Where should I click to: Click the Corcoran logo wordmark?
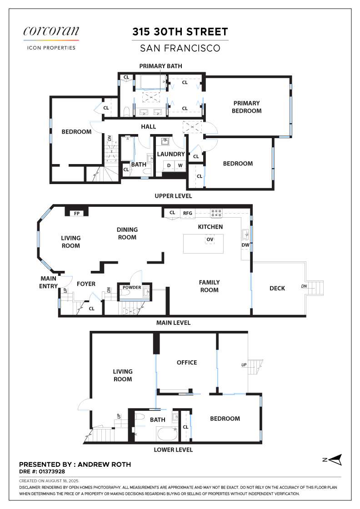[x=51, y=31]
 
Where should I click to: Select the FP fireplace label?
[x=77, y=213]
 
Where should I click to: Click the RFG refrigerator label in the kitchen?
[x=188, y=213]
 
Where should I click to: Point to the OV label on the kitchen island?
[x=210, y=240]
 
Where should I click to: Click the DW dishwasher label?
[x=245, y=245]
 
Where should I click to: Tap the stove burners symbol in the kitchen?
[x=216, y=213]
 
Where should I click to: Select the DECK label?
[x=277, y=288]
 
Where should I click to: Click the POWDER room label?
[x=132, y=287]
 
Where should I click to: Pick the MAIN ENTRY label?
[x=48, y=282]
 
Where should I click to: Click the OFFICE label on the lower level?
[x=187, y=363]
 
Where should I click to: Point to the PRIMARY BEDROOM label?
[x=247, y=107]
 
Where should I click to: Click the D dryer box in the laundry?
[x=169, y=165]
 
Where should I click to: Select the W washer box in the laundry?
[x=180, y=165]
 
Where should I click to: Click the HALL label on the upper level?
[x=148, y=127]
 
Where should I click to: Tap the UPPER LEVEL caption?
[x=173, y=196]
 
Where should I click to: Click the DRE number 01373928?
[x=52, y=471]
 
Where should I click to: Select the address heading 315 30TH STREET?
[x=180, y=32]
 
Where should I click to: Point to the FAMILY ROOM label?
[x=210, y=286]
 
